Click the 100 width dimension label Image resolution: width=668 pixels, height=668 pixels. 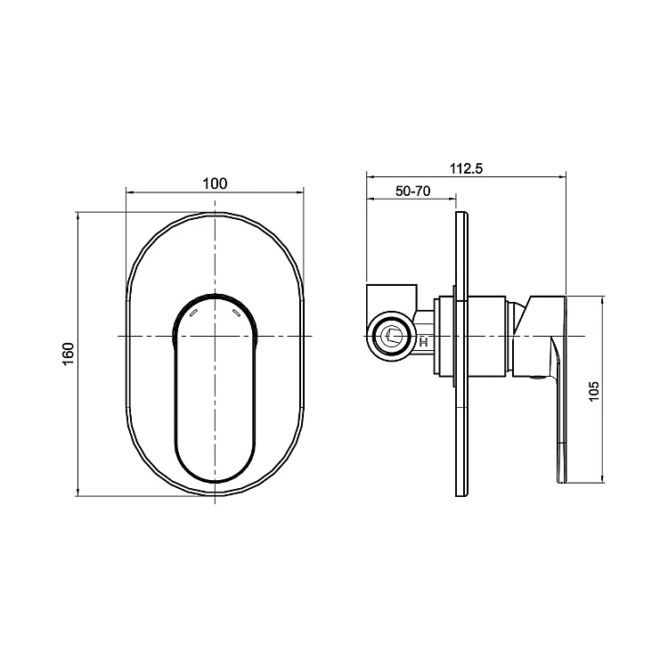click(x=215, y=183)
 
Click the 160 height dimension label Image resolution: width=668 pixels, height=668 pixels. click(x=69, y=354)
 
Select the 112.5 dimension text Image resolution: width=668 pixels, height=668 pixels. click(x=467, y=168)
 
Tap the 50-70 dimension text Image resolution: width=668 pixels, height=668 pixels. click(x=412, y=191)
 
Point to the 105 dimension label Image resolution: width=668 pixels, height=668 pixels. click(x=593, y=391)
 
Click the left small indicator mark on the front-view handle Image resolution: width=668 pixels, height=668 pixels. click(x=193, y=314)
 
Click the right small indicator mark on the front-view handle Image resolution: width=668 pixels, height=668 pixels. click(x=236, y=314)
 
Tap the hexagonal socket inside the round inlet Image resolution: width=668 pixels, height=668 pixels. click(x=392, y=336)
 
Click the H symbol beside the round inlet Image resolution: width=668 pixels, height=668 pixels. click(x=423, y=342)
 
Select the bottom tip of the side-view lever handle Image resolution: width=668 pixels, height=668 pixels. click(x=562, y=482)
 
